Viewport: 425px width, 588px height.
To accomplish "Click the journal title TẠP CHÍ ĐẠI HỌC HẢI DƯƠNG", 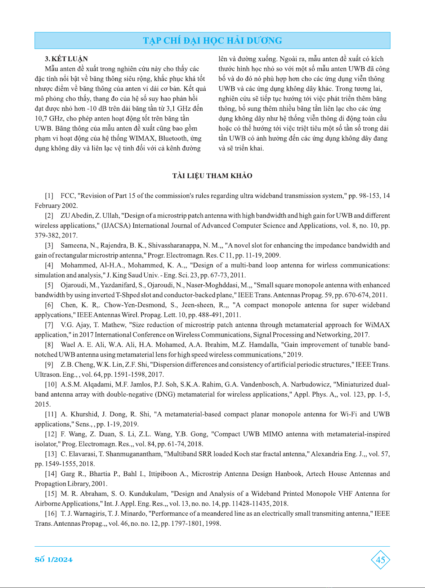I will [x=212, y=41].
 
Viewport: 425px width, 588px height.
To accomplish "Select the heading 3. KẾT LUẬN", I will [x=66, y=59].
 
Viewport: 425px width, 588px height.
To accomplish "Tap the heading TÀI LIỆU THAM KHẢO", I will [x=212, y=176].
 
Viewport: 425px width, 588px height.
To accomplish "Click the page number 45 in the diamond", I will [x=380, y=560].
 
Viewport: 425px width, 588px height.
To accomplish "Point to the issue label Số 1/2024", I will [x=54, y=560].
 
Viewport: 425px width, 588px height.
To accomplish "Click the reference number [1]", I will [x=49, y=196].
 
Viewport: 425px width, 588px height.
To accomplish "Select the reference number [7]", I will [x=49, y=325].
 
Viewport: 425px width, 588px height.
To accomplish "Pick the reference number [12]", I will [x=51, y=434].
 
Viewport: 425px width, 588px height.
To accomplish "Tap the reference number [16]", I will [x=51, y=514].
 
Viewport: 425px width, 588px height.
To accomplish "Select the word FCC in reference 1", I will [x=67, y=196].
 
